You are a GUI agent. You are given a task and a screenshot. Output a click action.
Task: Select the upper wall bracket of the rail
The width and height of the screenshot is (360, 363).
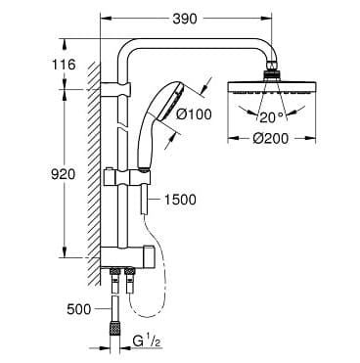[x=119, y=89]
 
